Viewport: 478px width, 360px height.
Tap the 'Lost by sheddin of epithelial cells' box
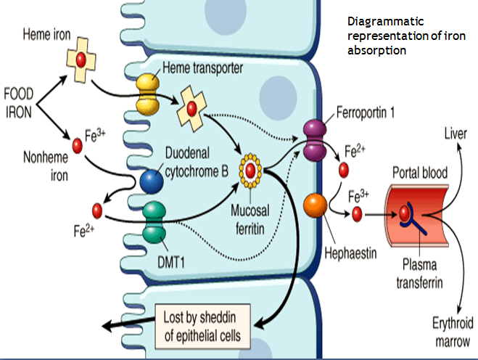click(x=206, y=327)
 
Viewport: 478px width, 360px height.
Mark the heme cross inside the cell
click(x=192, y=108)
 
